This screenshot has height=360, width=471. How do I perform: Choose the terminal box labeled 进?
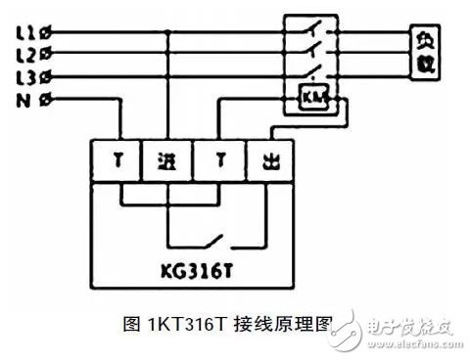pos(168,160)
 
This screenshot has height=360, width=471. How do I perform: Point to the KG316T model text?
pos(192,266)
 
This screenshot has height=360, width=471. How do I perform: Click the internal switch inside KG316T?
pos(216,240)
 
